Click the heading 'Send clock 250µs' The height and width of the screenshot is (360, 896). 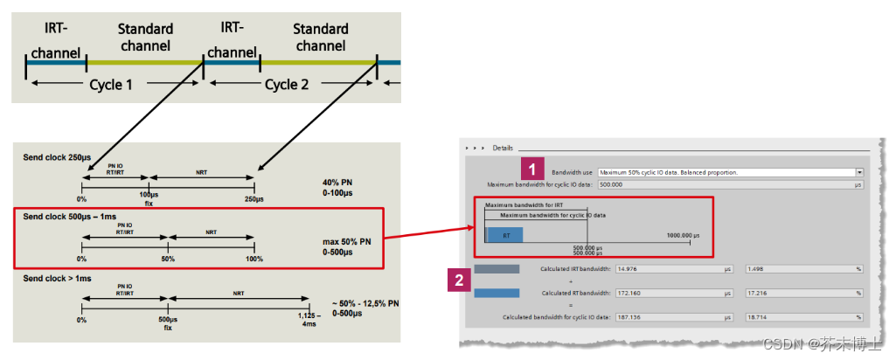tap(57, 156)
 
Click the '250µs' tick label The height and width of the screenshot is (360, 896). tap(254, 199)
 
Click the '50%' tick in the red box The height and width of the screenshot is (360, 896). tap(168, 260)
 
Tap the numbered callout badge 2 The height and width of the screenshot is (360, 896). tap(457, 280)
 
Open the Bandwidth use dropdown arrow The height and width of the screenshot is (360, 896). tap(859, 173)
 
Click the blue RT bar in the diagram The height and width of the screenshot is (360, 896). tap(505, 235)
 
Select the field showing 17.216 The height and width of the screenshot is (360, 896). tap(801, 293)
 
